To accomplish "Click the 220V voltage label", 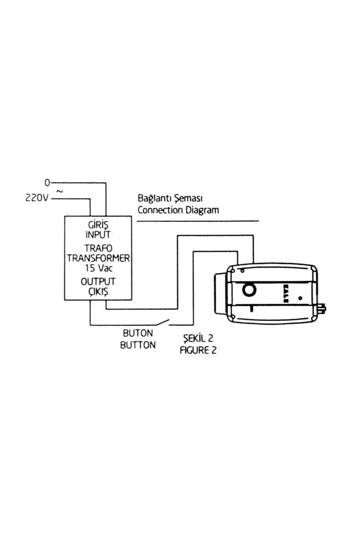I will pyautogui.click(x=36, y=198).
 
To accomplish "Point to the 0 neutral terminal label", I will pyautogui.click(x=47, y=182).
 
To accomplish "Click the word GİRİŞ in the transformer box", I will pyautogui.click(x=98, y=225).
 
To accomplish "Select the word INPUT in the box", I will pyautogui.click(x=98, y=234).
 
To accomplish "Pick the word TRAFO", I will pyautogui.click(x=98, y=248).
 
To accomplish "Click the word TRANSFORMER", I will pyautogui.click(x=98, y=258).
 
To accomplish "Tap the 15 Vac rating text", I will pyautogui.click(x=98, y=268).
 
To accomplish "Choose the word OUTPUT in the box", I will pyautogui.click(x=98, y=281).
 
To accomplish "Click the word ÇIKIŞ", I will pyautogui.click(x=98, y=291).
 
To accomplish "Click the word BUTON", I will pyautogui.click(x=137, y=334).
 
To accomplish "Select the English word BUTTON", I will pyautogui.click(x=137, y=345).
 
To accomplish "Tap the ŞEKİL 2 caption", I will pyautogui.click(x=198, y=339).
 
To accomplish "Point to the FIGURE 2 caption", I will pyautogui.click(x=198, y=351).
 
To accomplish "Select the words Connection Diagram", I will pyautogui.click(x=178, y=210).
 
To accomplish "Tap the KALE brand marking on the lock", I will pyautogui.click(x=285, y=289).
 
